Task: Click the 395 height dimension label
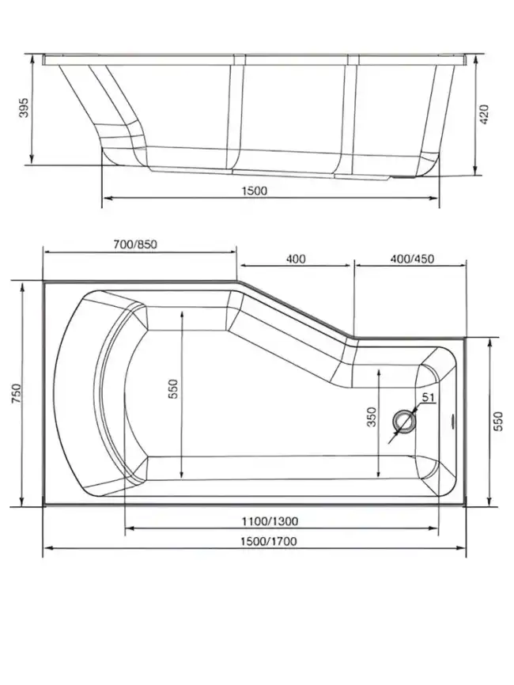coord(23,110)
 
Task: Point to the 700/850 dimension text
coord(135,244)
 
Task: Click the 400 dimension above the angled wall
coord(296,259)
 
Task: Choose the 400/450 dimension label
coord(412,259)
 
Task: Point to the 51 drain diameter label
coord(428,398)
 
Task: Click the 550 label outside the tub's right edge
coord(498,422)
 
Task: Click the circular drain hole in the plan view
coord(405,422)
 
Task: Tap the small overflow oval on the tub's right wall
coord(453,420)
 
